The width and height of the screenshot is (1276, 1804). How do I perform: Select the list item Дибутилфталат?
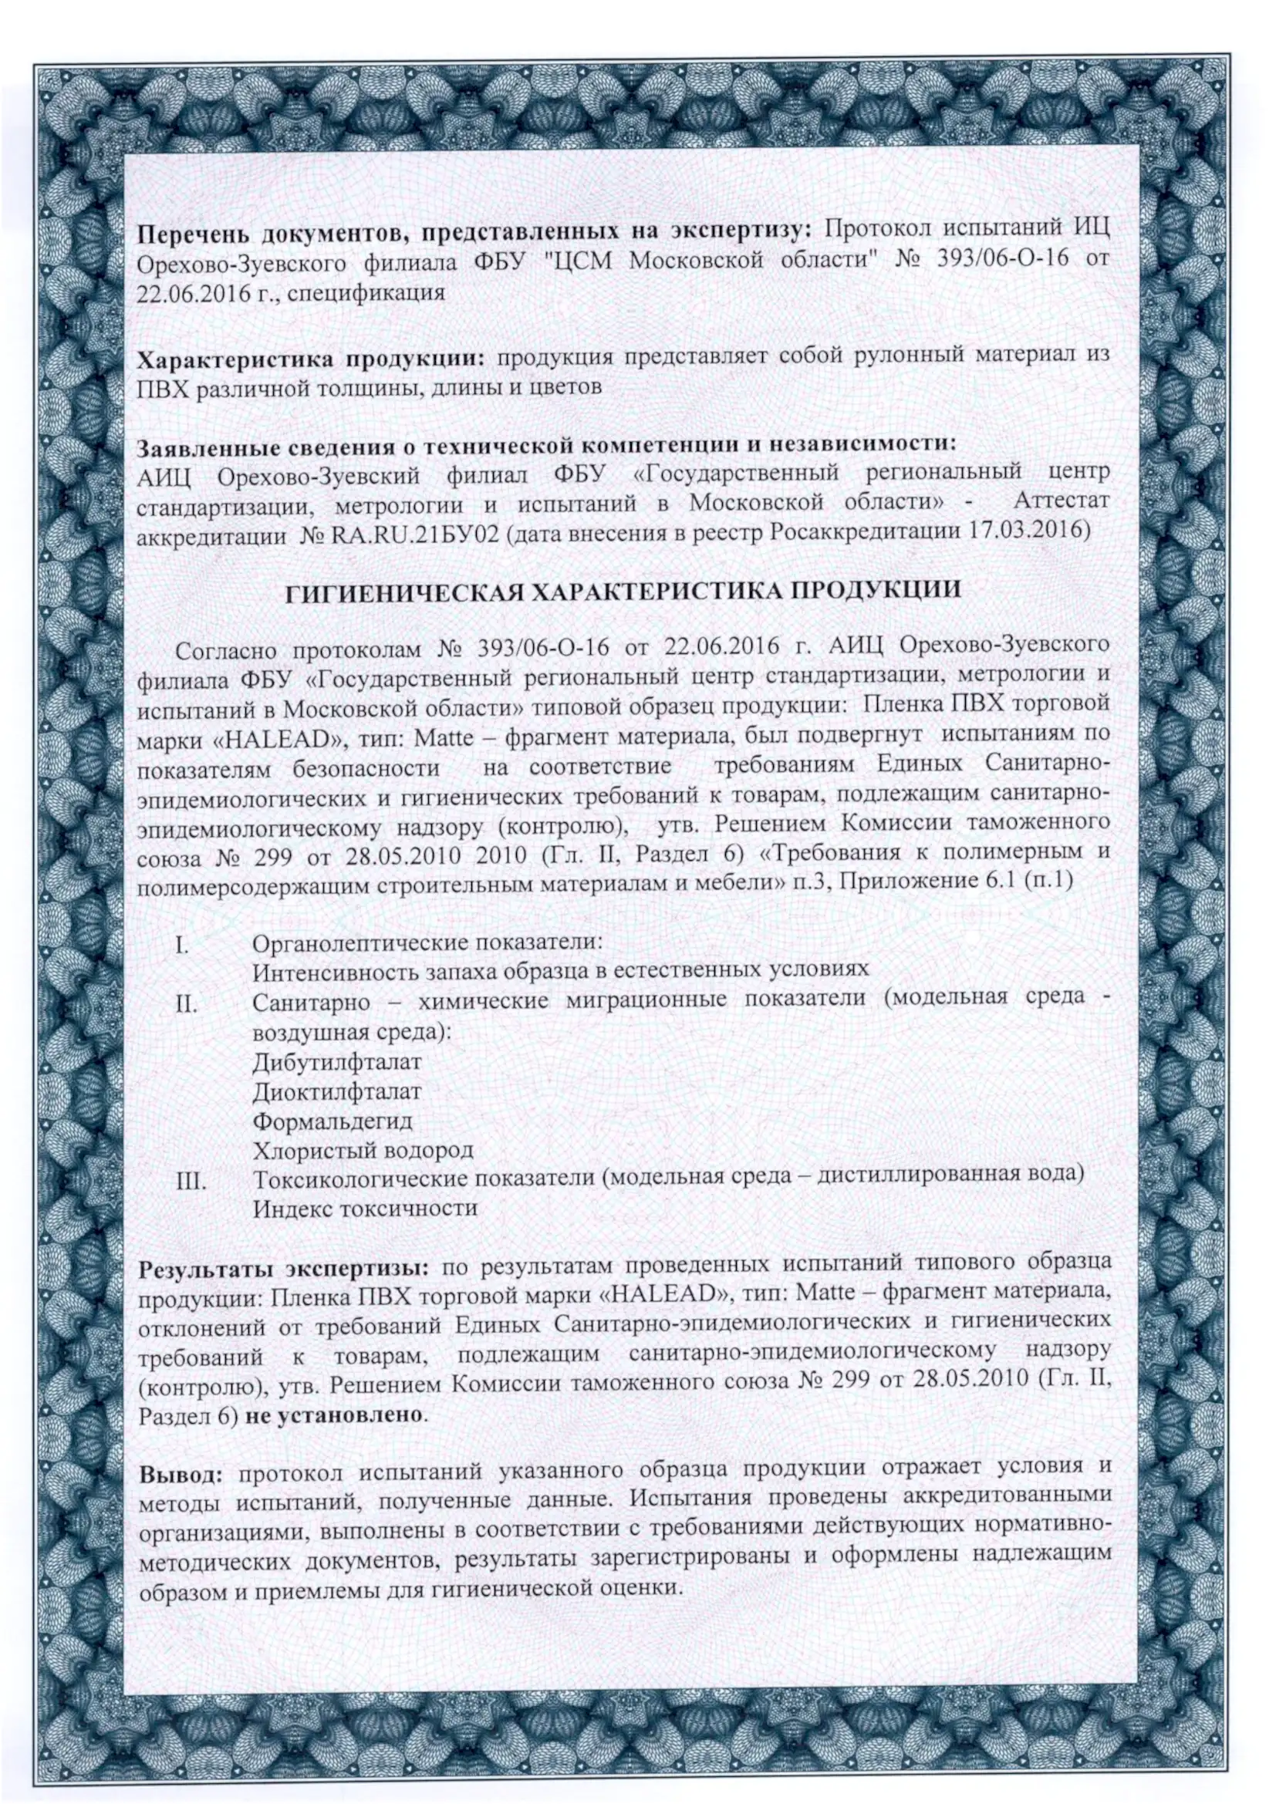tap(337, 1061)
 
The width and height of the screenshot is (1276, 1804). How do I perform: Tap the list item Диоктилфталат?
tap(337, 1091)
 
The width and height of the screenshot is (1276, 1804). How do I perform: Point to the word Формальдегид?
tap(333, 1121)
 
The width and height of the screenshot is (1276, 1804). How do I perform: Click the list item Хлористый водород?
tap(363, 1151)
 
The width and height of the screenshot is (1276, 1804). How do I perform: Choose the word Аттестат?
tap(1062, 501)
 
